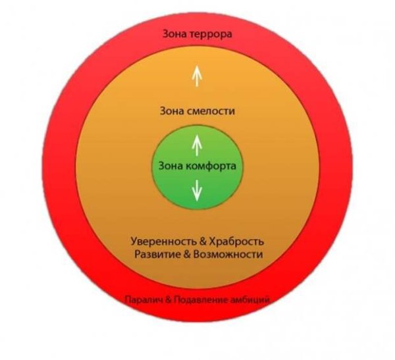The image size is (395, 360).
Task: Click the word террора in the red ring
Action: tap(210, 33)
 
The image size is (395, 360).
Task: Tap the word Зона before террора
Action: tap(174, 33)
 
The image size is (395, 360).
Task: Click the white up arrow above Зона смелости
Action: tap(196, 76)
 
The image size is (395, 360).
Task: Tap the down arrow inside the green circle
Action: tap(196, 190)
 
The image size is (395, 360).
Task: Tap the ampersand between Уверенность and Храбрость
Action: tap(196, 241)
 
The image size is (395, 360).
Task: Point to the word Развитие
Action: tap(155, 253)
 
